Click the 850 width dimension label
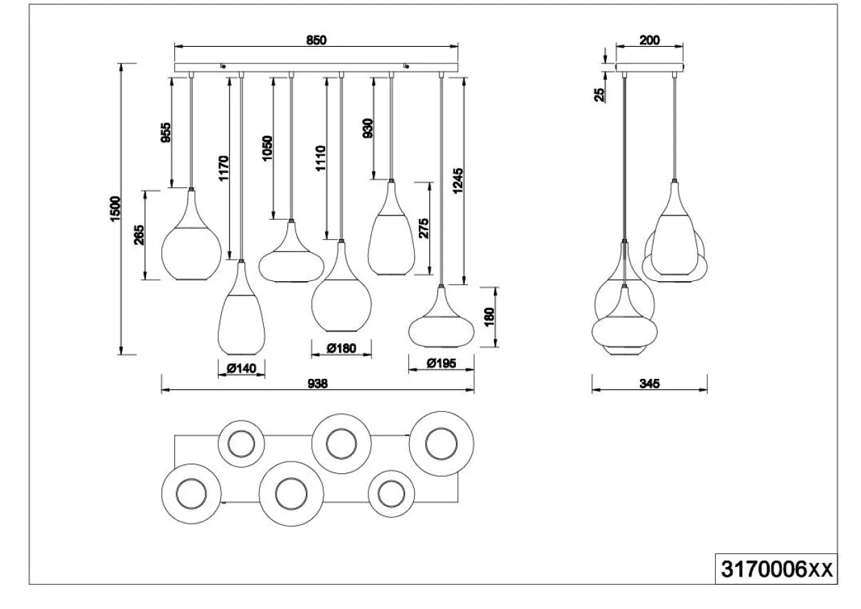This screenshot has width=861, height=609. (316, 40)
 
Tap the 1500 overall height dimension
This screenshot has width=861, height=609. (115, 209)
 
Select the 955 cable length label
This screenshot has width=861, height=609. (166, 132)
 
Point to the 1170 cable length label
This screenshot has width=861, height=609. (223, 168)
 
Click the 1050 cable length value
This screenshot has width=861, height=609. (267, 148)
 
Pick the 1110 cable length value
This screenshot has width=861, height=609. (320, 158)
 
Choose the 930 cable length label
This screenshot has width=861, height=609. (367, 128)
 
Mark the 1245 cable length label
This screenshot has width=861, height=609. (458, 180)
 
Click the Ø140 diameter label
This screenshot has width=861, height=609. (241, 369)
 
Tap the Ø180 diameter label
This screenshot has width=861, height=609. (342, 349)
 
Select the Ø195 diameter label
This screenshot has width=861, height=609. (442, 363)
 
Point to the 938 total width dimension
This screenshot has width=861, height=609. (318, 383)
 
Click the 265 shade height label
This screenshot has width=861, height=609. (139, 235)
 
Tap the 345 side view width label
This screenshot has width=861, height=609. (650, 383)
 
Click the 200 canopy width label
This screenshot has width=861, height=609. (650, 40)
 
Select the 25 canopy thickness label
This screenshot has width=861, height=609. (599, 95)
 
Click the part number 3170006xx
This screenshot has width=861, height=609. (777, 570)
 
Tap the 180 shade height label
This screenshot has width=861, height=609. (489, 317)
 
